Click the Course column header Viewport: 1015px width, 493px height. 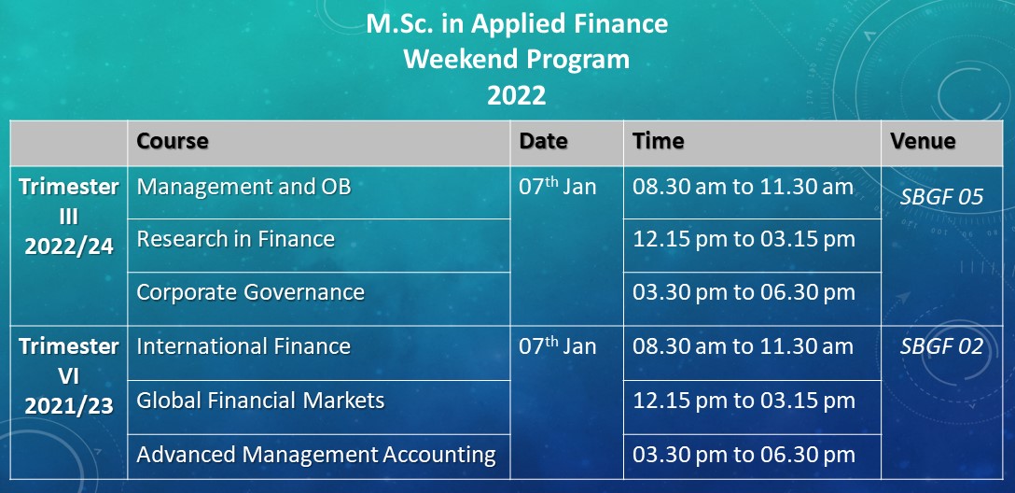point(173,141)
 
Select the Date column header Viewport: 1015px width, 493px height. point(543,141)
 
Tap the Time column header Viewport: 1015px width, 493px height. point(659,141)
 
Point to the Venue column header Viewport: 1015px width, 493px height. point(923,141)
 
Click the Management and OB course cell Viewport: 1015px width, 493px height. point(244,187)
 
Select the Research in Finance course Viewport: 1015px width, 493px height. point(236,239)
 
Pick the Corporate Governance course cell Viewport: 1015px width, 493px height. point(251,292)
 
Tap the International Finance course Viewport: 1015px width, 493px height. point(243,346)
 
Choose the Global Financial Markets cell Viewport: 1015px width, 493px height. point(261,401)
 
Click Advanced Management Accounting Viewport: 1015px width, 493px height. point(316,454)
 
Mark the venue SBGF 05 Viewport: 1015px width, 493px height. point(941,197)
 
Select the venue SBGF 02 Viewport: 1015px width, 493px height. point(941,346)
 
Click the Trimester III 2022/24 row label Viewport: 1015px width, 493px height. point(69,217)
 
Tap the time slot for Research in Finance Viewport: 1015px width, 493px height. point(744,239)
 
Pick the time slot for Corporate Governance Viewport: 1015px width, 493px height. point(744,292)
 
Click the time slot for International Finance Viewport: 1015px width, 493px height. point(744,346)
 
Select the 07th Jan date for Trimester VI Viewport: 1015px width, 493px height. point(557,345)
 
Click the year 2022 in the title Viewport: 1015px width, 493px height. point(517,95)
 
